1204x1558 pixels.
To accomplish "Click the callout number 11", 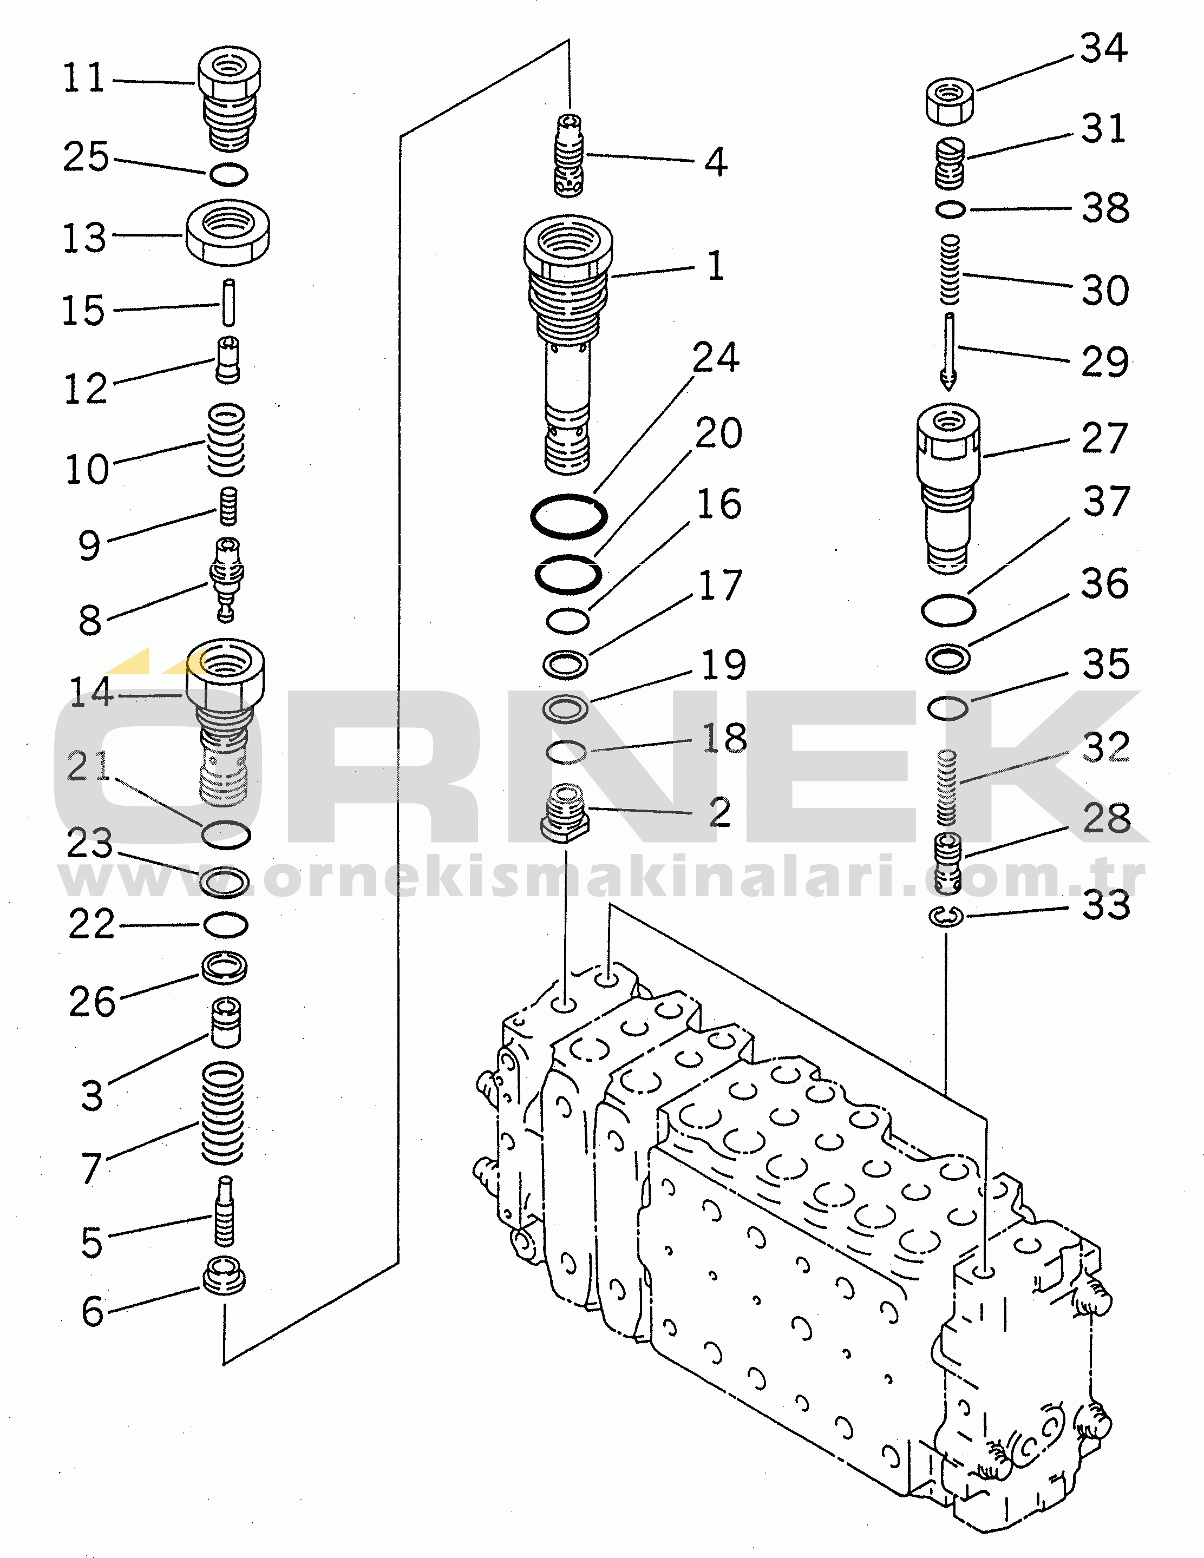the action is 84,78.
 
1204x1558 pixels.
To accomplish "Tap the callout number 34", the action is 1103,49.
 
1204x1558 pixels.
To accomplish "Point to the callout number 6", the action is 93,1311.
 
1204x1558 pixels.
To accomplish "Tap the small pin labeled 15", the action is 228,303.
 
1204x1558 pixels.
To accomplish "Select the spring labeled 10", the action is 226,439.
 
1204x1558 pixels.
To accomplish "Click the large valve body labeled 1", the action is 567,343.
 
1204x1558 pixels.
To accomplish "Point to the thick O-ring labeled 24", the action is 569,515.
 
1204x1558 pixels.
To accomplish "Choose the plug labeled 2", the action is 566,813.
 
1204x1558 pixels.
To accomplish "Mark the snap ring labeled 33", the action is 946,917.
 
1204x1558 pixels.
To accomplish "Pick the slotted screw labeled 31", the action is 950,164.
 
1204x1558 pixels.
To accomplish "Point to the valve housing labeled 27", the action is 948,485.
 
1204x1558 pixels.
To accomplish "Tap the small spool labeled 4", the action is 569,155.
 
